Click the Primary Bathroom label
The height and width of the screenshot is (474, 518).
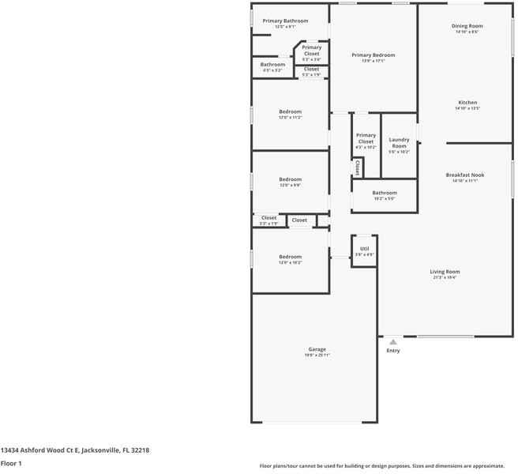click(285, 21)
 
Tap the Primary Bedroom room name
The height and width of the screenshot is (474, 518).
click(373, 55)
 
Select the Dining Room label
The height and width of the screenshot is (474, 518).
click(467, 26)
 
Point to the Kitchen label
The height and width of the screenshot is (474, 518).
click(467, 103)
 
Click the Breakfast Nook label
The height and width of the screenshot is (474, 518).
click(465, 175)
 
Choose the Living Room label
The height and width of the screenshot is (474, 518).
click(445, 272)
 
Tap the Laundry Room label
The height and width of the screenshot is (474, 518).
click(399, 142)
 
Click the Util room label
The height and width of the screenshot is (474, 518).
click(364, 249)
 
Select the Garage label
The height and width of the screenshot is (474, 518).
click(317, 349)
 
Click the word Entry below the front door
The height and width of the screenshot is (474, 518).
click(393, 351)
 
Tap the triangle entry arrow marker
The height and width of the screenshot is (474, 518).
click(392, 341)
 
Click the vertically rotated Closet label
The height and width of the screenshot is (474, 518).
click(358, 167)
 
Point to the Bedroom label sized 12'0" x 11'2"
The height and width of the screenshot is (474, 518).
click(290, 111)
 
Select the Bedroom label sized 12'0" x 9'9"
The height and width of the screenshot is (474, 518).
click(290, 179)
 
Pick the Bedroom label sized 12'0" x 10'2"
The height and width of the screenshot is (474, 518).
click(290, 257)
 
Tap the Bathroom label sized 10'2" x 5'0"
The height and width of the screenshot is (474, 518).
click(385, 193)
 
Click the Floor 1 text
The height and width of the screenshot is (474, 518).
click(11, 464)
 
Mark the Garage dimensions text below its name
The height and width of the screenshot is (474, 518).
click(317, 355)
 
